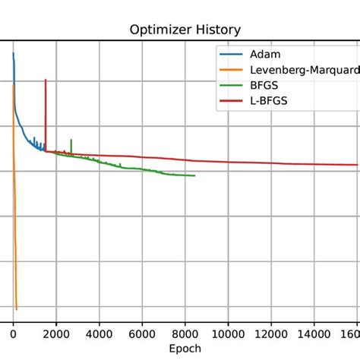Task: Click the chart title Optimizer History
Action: (185, 30)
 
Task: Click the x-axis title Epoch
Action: (185, 348)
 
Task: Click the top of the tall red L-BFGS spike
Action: (46, 80)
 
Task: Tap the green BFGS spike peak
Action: (71, 140)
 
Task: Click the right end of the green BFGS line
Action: (195, 176)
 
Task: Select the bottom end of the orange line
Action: (17, 309)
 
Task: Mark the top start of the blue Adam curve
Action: (13, 53)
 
